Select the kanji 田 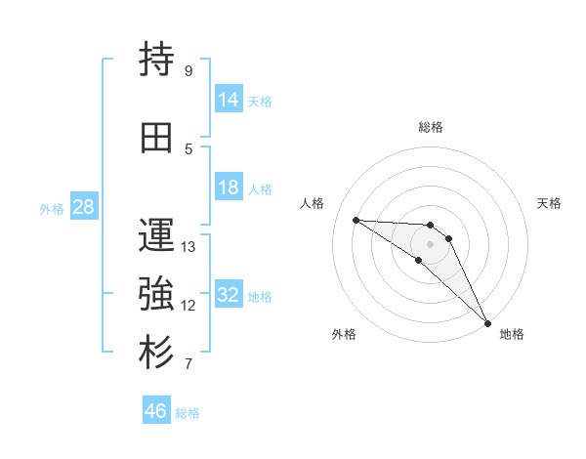coord(157,139)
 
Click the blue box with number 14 coord(229,100)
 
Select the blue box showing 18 coord(229,188)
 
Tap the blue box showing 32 coord(229,296)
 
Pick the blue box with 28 coord(82,207)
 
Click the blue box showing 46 coord(156,412)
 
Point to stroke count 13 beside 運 coord(188,247)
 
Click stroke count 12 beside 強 coord(188,306)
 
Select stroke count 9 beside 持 coord(188,71)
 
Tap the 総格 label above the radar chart coord(430,127)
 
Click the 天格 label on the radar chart coord(549,203)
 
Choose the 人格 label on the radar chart coord(312,203)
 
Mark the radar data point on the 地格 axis coord(486,322)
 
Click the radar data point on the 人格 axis coord(356,220)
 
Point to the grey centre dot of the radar coord(430,243)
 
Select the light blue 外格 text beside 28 coord(52,208)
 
